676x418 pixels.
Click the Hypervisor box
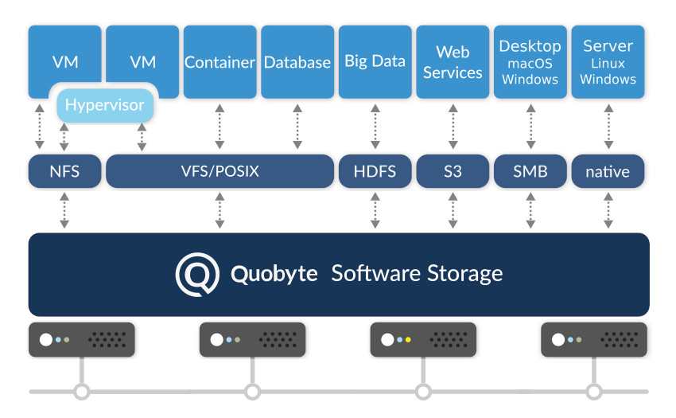104,104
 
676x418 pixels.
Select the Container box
220,61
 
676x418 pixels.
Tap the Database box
297,61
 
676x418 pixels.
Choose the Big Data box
375,61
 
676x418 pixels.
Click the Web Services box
453,61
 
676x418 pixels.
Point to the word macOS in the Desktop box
530,63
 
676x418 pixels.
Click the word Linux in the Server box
608,63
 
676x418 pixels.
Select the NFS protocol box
64,171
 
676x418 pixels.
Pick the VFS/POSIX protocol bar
220,171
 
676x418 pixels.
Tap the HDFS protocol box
375,171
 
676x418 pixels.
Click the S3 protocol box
453,171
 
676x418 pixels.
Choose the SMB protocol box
530,171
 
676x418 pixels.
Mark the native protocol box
608,171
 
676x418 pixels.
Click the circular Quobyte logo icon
197,274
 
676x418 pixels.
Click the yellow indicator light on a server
408,340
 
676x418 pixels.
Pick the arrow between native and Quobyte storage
608,210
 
